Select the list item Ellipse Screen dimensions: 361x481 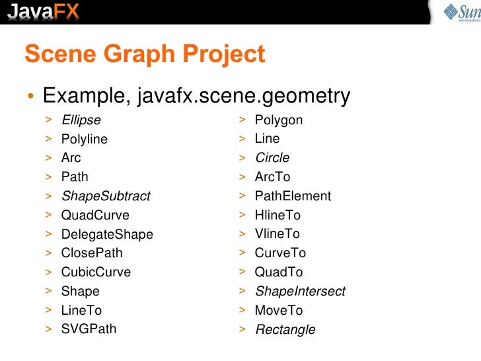(x=81, y=120)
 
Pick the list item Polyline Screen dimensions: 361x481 (x=84, y=140)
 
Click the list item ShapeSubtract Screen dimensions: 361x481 (x=105, y=196)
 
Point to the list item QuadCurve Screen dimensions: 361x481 (x=95, y=216)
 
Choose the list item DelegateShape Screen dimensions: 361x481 (x=106, y=235)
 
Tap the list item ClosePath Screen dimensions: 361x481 (x=91, y=253)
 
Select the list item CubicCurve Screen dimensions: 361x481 (x=96, y=272)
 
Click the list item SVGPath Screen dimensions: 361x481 (x=89, y=329)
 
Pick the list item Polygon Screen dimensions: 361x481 (x=278, y=120)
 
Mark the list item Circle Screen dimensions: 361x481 (x=272, y=159)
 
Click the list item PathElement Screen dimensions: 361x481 (x=293, y=196)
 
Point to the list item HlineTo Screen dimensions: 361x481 (x=277, y=216)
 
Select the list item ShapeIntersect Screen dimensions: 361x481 (x=299, y=292)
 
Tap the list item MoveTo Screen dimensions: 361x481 (x=278, y=311)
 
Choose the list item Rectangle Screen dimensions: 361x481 (x=285, y=330)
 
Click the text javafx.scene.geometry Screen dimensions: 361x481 (x=243, y=97)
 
